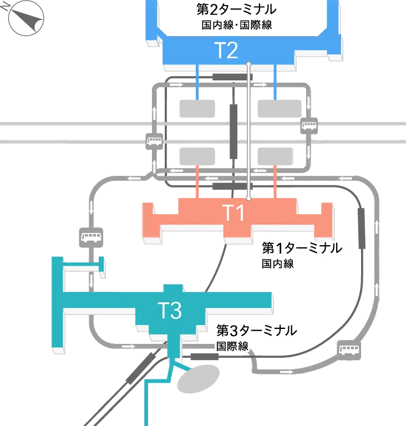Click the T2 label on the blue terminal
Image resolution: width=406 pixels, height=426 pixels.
226,51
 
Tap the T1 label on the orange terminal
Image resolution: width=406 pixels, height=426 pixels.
233,212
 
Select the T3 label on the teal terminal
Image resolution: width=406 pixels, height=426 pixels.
170,311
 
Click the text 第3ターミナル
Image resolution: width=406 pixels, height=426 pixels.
256,331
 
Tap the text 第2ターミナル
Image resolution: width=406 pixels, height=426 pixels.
237,10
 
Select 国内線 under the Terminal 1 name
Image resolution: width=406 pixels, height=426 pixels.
277,264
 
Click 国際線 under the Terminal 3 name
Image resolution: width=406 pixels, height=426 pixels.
232,347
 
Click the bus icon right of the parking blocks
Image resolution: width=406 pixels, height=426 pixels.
308,125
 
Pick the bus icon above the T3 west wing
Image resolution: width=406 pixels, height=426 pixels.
90,237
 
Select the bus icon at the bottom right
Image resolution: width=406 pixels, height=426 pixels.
348,349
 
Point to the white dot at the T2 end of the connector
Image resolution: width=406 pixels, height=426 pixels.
249,65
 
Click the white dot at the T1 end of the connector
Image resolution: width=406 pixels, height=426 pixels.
249,197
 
